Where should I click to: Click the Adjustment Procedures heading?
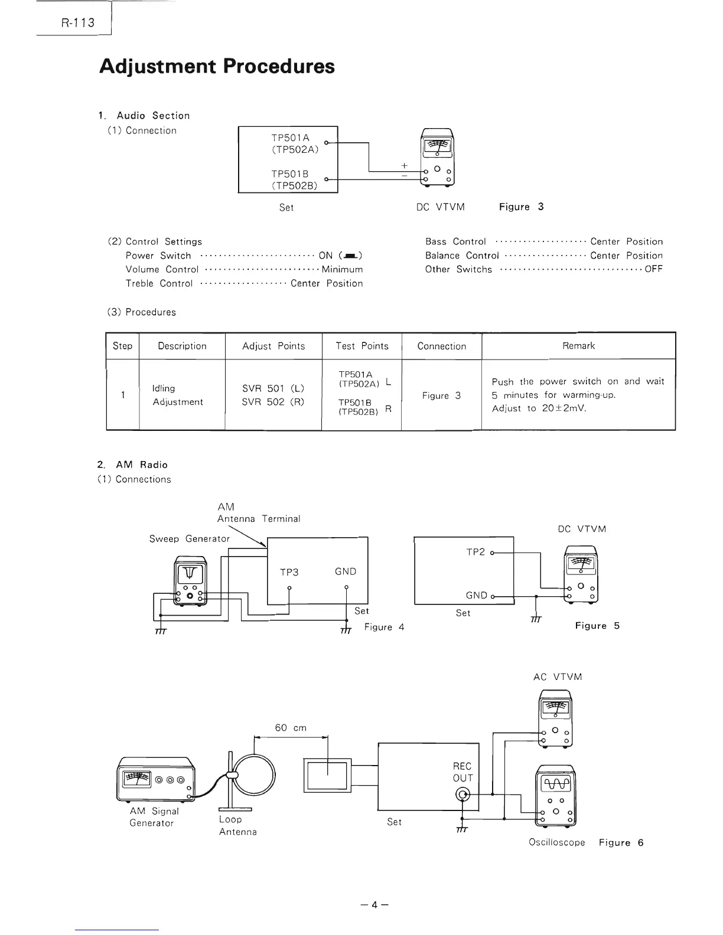click(x=217, y=66)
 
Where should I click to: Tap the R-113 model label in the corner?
click(x=77, y=24)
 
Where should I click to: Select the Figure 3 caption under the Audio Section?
click(x=521, y=207)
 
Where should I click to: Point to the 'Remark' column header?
click(x=578, y=346)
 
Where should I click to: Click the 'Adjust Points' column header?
click(x=273, y=346)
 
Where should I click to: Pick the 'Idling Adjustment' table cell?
click(x=177, y=395)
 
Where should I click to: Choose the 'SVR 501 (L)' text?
click(x=273, y=388)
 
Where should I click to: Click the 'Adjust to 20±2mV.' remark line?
click(x=539, y=408)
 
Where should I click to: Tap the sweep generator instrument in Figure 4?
click(x=190, y=581)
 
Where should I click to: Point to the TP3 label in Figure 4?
click(x=289, y=571)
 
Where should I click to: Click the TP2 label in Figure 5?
click(x=476, y=552)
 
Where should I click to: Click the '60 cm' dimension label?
click(x=291, y=728)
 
